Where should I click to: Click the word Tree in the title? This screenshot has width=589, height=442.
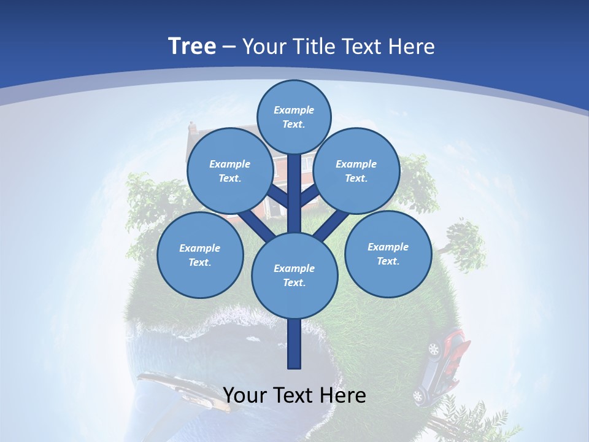pos(192,46)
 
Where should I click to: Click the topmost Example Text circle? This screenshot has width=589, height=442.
pos(294,117)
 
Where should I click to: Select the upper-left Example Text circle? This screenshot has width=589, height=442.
pos(229,171)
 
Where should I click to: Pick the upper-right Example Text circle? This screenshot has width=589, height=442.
pos(356,171)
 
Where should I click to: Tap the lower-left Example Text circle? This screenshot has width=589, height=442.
pos(200,255)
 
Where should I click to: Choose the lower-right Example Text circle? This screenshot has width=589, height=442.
pos(388,254)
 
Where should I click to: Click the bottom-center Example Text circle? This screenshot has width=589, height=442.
pos(294,276)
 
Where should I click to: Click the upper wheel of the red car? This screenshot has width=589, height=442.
pos(434,349)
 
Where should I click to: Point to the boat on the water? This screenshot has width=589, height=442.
pos(178,390)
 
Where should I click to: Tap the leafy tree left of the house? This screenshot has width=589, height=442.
pos(150,203)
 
